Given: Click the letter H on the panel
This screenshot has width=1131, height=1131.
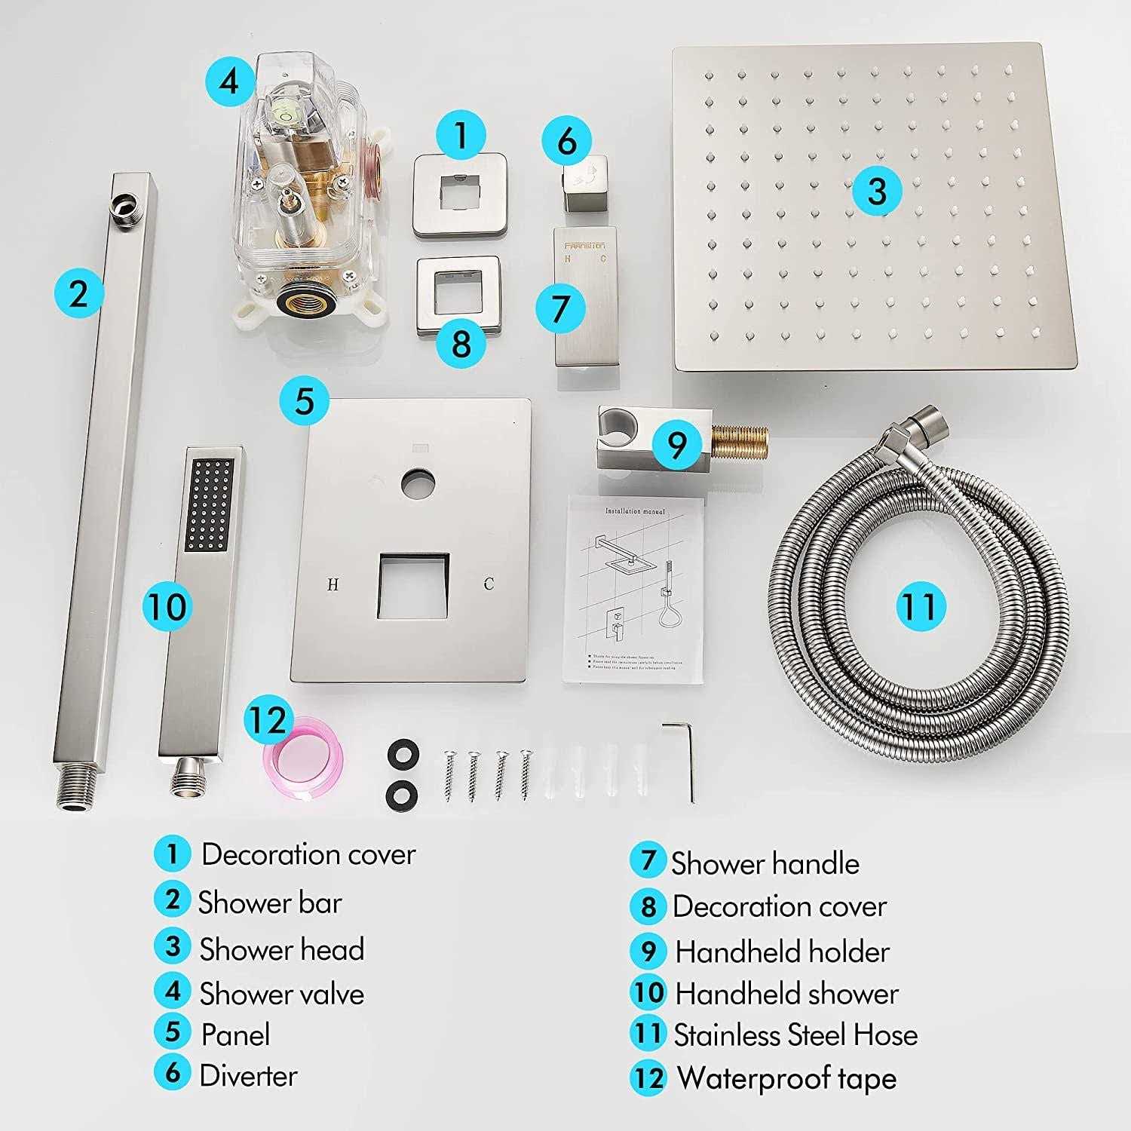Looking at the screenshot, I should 333,584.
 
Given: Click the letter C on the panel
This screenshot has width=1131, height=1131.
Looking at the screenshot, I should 489,584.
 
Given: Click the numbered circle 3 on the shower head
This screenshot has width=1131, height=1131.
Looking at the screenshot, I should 877,190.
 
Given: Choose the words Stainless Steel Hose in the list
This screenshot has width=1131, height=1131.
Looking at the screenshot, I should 795,1035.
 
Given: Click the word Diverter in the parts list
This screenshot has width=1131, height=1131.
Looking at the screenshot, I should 248,1075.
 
